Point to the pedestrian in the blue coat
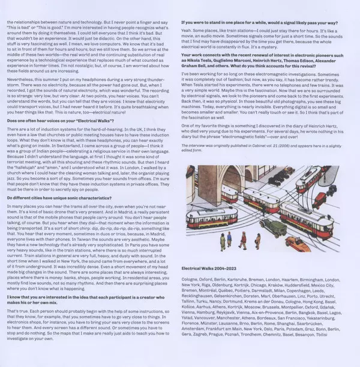(x=223, y=240)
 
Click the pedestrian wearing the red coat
(x=243, y=240)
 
